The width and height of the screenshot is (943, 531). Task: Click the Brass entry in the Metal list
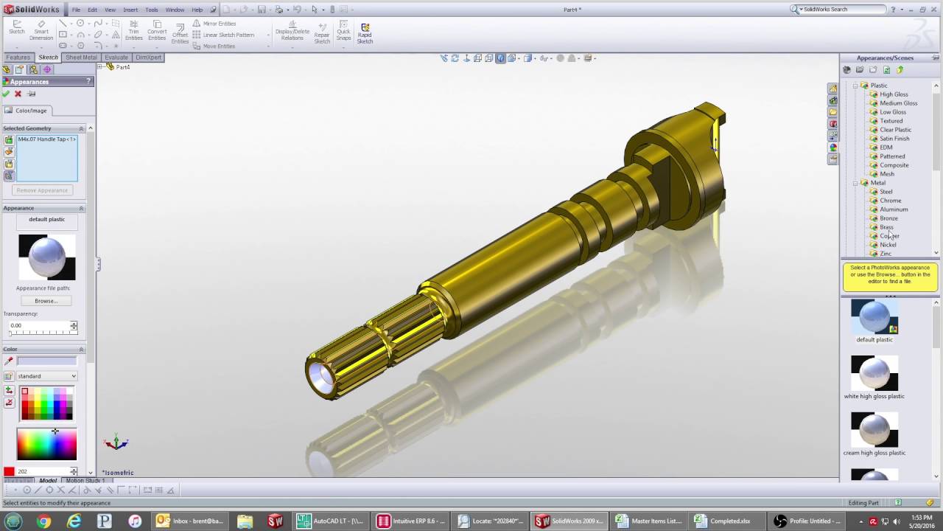[886, 227]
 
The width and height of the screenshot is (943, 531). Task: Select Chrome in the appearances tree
[890, 201]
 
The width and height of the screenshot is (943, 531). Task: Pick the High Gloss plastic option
[894, 94]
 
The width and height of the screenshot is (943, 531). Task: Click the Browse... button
[46, 301]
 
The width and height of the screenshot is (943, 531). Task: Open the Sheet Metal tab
[81, 58]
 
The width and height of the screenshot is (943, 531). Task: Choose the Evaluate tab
[116, 58]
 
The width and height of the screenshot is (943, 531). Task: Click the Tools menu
[151, 10]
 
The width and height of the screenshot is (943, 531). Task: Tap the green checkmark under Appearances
[6, 94]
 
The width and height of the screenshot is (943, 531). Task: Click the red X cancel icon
[18, 94]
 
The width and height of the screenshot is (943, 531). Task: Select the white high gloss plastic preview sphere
[874, 373]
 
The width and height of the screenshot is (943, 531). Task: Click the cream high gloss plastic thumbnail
[874, 430]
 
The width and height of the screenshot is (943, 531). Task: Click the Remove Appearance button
[42, 190]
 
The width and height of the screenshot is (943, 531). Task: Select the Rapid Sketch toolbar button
[365, 33]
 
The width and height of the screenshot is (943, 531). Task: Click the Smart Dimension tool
[41, 31]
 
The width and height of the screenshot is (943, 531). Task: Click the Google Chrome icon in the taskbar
[43, 521]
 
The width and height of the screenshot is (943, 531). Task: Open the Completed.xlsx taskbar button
[722, 521]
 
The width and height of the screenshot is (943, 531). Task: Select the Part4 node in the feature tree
[122, 67]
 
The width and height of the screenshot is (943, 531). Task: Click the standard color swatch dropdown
[47, 376]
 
